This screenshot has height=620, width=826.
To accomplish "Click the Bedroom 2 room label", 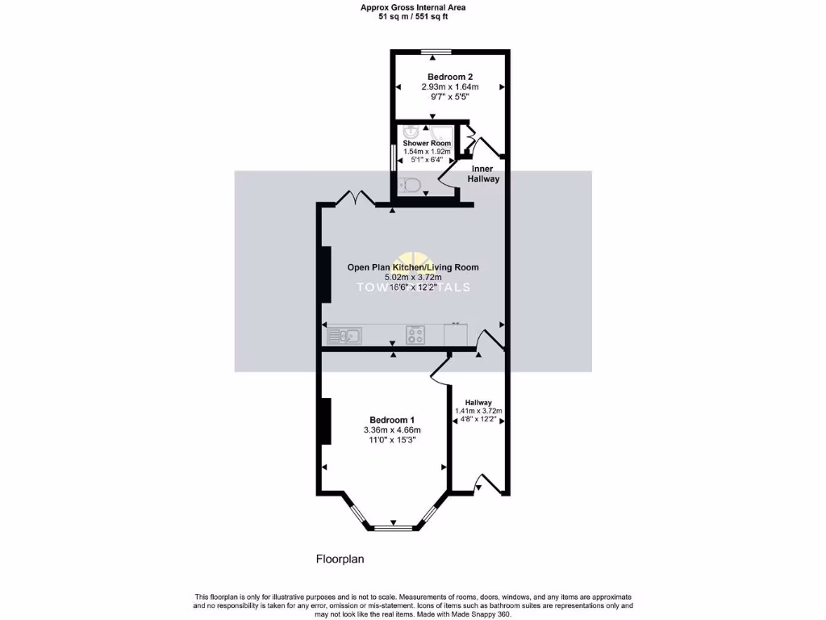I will tap(449, 77).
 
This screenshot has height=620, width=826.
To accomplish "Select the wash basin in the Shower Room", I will tap(411, 131).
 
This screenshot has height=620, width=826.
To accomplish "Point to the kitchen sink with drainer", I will tap(345, 333).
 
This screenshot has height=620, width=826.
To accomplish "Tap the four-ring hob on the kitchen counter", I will tap(415, 334).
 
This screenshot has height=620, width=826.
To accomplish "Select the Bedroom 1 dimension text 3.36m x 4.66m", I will tap(392, 429).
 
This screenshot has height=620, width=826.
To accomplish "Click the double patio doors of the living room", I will tap(355, 199).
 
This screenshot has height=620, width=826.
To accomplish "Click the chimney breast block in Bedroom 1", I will tap(326, 421).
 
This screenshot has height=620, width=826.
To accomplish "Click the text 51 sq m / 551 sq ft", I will tap(412, 16).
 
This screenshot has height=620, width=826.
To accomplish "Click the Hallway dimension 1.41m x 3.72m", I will tap(478, 411).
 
